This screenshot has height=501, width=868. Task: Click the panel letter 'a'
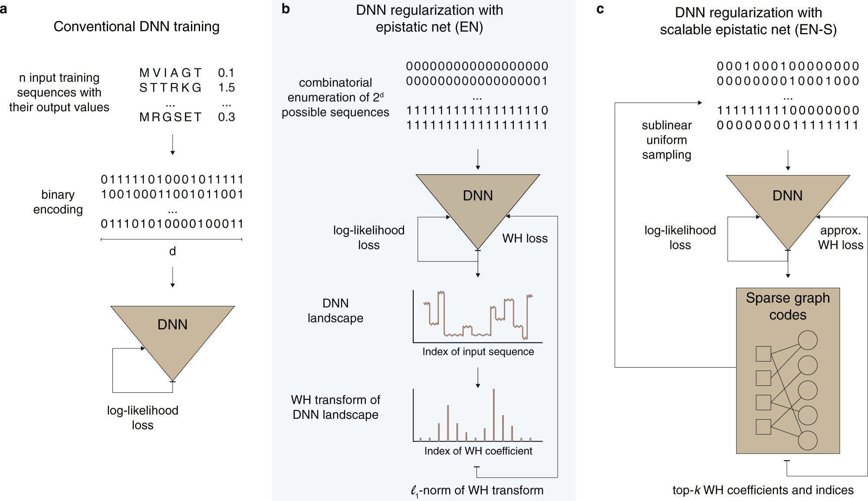click(x=4, y=9)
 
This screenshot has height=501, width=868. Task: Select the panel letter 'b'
click(x=285, y=9)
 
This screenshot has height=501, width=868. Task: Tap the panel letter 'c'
click(x=600, y=9)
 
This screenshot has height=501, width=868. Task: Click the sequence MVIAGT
click(x=171, y=73)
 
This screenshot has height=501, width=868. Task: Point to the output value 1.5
click(x=226, y=87)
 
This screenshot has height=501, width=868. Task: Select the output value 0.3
click(x=226, y=117)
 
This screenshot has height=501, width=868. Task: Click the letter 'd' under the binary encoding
click(x=172, y=251)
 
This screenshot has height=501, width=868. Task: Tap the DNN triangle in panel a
click(x=172, y=330)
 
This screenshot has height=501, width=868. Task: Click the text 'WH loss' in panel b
click(x=525, y=238)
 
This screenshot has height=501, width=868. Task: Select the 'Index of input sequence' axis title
click(x=478, y=352)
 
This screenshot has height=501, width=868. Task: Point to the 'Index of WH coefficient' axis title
click(x=478, y=451)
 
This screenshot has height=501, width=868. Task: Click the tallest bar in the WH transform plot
click(x=493, y=415)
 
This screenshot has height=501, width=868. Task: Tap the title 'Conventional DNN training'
click(x=136, y=27)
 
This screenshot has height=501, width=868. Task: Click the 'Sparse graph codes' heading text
click(x=788, y=306)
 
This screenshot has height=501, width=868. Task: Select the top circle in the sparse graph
click(x=808, y=340)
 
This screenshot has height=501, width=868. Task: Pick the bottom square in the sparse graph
click(x=763, y=427)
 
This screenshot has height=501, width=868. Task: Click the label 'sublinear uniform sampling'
click(x=667, y=140)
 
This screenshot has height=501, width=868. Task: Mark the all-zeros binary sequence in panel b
click(x=477, y=66)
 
